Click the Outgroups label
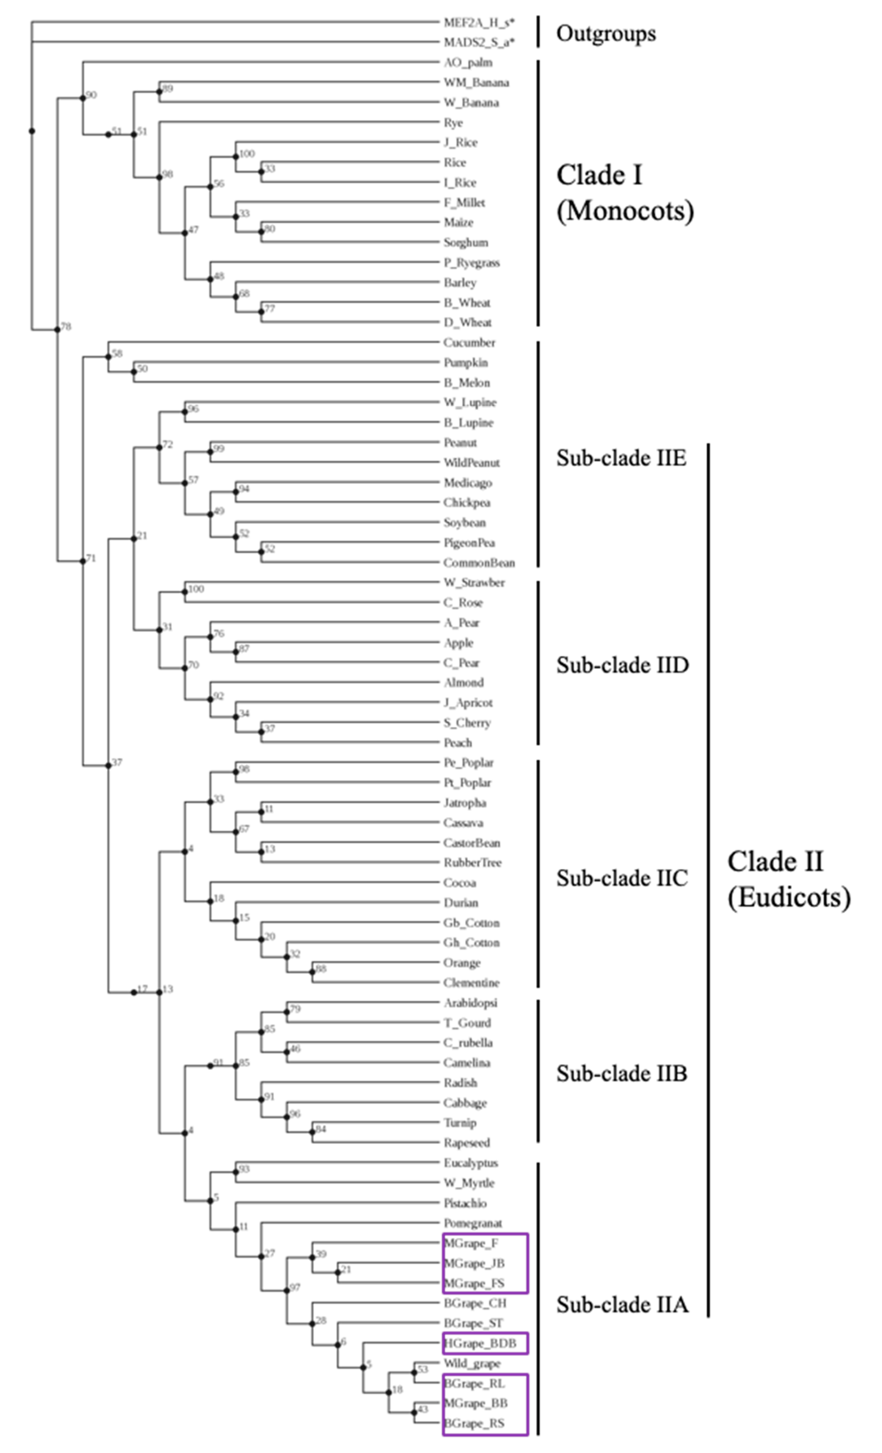coord(605,34)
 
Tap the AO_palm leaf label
coord(468,62)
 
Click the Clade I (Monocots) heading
coord(624,193)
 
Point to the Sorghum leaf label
coord(465,243)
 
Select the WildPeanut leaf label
coord(472,463)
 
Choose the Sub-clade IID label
coord(622,665)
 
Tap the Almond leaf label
coord(463,683)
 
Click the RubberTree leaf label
coord(472,863)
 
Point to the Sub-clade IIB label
coord(621,1074)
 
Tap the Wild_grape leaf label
coord(472,1364)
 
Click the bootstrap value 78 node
coord(57,330)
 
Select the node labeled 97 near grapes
coord(287,1290)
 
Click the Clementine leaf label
coord(471,983)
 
